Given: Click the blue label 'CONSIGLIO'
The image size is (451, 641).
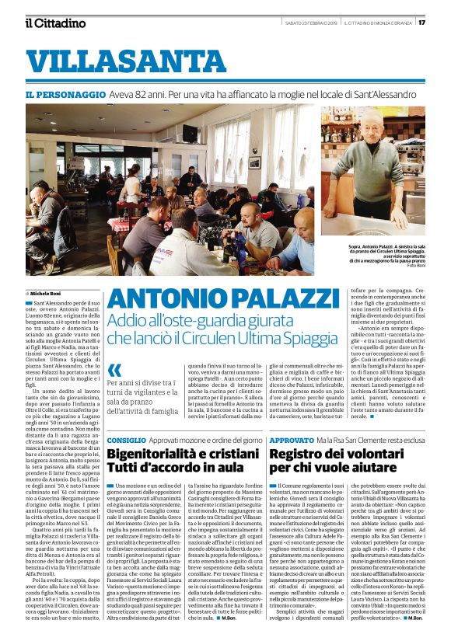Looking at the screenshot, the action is [x=126, y=440].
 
